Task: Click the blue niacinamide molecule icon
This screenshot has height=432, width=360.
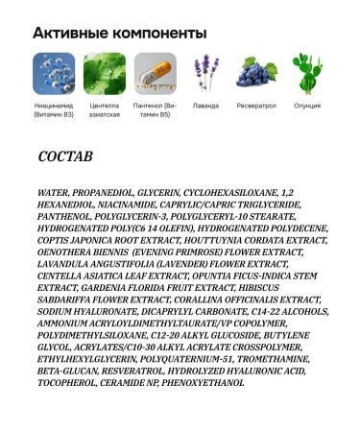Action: coord(54,73)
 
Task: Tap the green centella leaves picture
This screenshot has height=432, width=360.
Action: coord(105,73)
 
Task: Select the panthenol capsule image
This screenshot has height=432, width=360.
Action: coord(156,73)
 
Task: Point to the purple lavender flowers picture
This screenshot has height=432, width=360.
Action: coord(205,73)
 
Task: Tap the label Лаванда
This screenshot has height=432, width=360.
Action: coord(205,106)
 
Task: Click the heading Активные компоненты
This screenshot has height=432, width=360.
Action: coord(120,33)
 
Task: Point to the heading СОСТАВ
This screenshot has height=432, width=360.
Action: coord(65,156)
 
